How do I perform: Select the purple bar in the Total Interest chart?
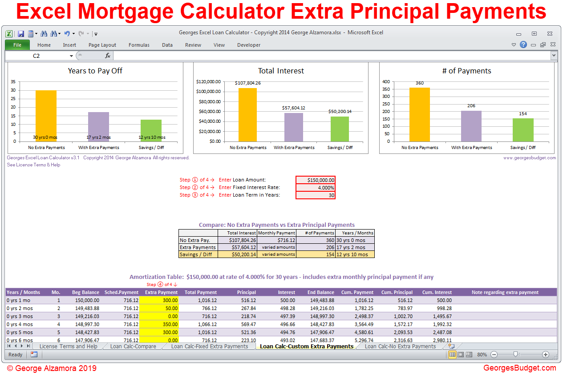point(293,127)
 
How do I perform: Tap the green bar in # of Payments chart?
point(523,130)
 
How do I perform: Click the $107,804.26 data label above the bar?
point(247,83)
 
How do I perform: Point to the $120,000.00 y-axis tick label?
point(208,82)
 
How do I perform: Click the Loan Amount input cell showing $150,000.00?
point(316,180)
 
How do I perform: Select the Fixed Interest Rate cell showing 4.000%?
point(316,187)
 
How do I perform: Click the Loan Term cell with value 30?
point(316,195)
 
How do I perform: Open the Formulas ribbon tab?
point(139,45)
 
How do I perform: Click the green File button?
point(17,45)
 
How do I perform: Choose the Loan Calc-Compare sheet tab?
point(133,346)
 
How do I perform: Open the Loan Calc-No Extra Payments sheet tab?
point(400,346)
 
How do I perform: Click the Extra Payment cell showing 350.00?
point(159,324)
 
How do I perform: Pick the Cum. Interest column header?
point(437,292)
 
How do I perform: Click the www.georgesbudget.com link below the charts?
point(529,157)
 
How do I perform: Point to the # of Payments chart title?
point(466,71)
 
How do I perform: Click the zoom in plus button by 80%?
point(546,355)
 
